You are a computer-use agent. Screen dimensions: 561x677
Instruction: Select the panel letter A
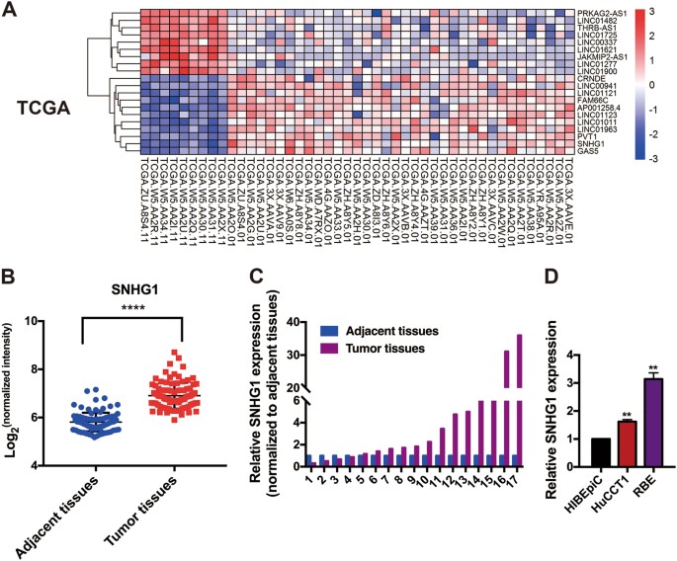click(x=14, y=14)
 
